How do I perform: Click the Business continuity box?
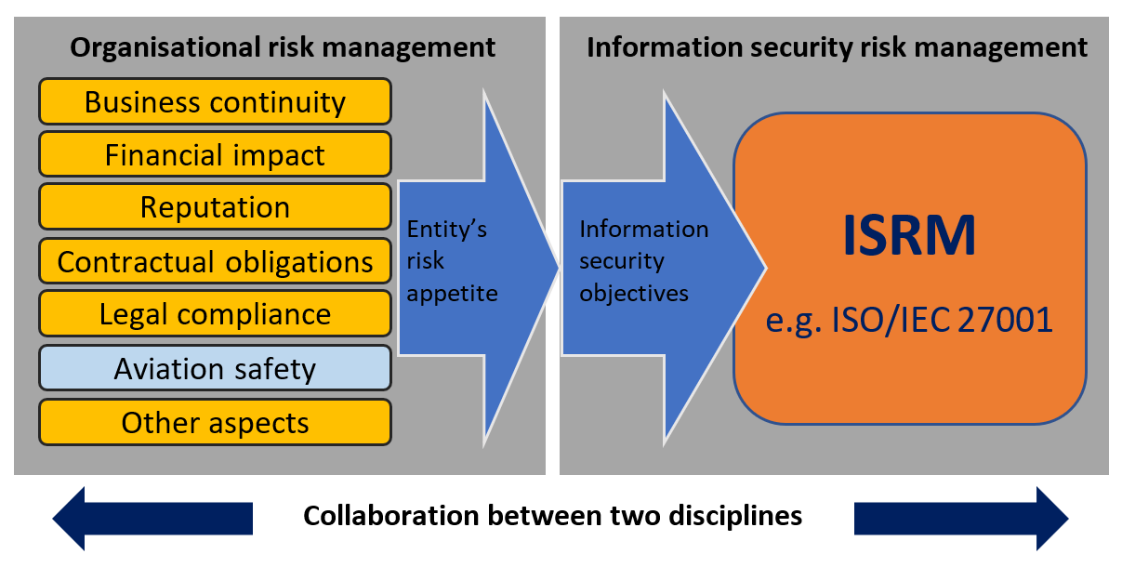point(215,101)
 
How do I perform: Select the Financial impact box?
point(215,154)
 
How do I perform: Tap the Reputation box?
point(215,207)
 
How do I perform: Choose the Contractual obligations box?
point(215,261)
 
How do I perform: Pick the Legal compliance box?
point(215,314)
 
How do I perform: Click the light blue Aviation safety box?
point(215,368)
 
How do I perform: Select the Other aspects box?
point(215,422)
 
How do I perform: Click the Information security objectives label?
point(643,261)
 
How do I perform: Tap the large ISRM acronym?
point(909,236)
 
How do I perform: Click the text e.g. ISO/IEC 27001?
point(909,320)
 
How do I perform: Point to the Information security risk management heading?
point(837,47)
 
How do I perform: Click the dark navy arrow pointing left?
point(152,518)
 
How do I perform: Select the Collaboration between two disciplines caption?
point(553,515)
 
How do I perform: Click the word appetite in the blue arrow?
point(453,294)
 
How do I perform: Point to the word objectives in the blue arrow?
point(634,294)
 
